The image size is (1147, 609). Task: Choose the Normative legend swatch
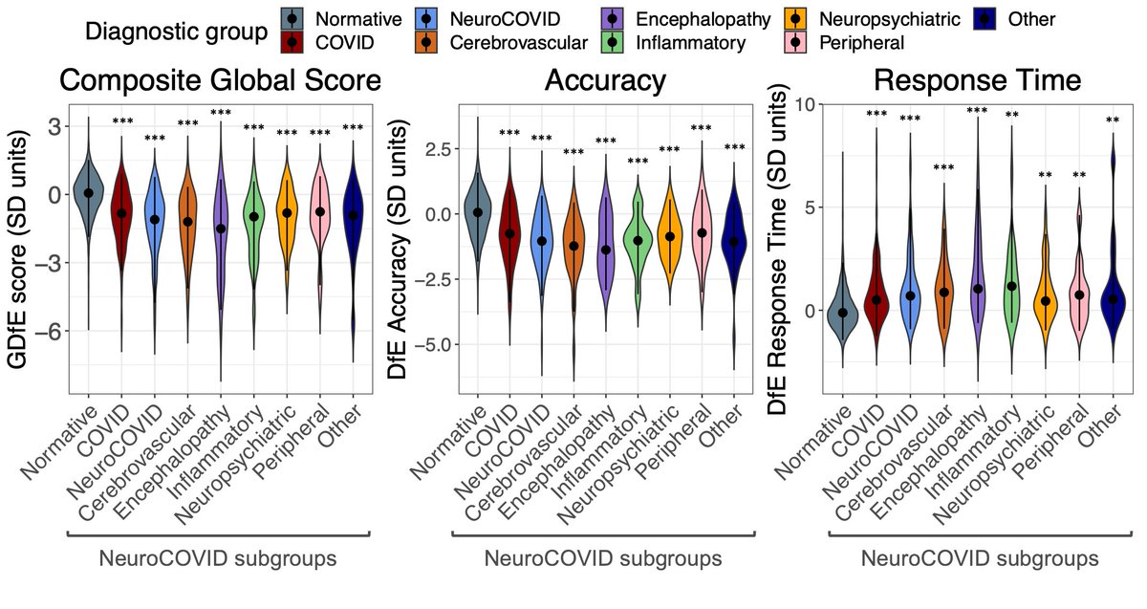[x=295, y=19]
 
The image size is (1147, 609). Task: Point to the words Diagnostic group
[x=175, y=31]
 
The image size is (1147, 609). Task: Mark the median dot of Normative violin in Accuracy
[x=477, y=211]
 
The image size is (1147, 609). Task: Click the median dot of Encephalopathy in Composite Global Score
[x=221, y=228]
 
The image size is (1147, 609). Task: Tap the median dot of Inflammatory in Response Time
[x=1011, y=286]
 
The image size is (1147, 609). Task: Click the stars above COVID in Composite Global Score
[x=121, y=121]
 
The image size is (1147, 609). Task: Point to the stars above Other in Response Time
[x=1113, y=120]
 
